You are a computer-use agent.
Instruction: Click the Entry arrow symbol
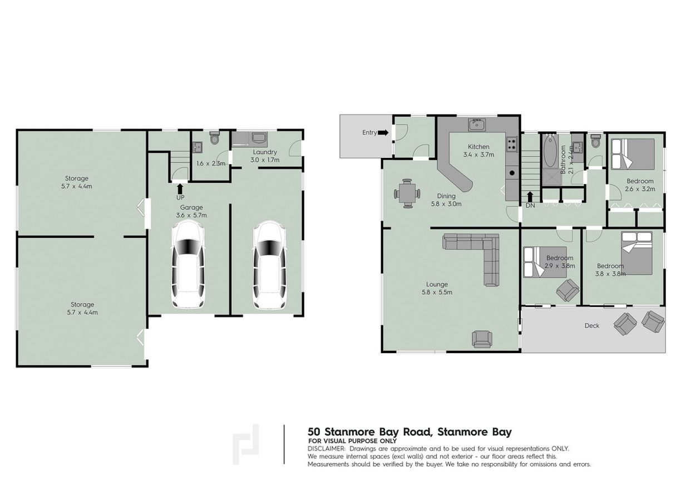pos(384,132)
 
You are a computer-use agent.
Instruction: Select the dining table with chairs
pos(408,194)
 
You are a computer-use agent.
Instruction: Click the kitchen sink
pos(477,125)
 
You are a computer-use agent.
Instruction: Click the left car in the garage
pos(187,264)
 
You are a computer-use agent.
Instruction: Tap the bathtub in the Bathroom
pos(549,151)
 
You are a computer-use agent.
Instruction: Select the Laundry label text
pos(265,152)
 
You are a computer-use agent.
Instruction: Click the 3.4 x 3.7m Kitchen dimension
pos(478,155)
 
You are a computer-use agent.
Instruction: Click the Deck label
pos(592,325)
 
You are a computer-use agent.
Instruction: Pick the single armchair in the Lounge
pos(481,339)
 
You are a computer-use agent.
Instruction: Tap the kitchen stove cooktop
pos(511,145)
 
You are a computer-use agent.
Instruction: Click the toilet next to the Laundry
pos(215,137)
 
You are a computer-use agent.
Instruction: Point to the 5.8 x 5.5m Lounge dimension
pos(437,292)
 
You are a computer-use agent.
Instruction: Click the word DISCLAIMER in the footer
pos(327,448)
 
